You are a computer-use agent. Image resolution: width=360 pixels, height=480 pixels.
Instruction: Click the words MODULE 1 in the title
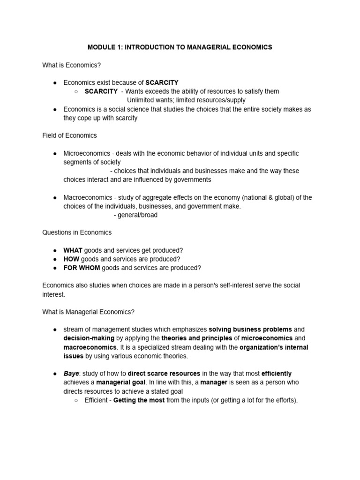click(x=104, y=47)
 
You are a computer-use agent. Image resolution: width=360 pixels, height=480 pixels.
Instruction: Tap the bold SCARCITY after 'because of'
click(x=162, y=82)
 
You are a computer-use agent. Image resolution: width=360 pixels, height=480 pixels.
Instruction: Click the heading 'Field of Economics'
click(x=69, y=135)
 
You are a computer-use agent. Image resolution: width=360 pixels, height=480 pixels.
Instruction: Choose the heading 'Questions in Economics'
click(x=77, y=232)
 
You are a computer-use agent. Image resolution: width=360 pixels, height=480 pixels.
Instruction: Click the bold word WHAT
click(x=73, y=250)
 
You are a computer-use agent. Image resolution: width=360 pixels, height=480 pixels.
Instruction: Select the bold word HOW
click(x=71, y=259)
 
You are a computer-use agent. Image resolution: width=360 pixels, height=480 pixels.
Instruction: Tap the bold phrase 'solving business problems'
click(x=250, y=330)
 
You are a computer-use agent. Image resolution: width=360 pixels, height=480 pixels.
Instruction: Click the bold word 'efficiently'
click(x=276, y=374)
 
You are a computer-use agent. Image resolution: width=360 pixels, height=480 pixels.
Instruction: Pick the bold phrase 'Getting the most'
click(x=139, y=400)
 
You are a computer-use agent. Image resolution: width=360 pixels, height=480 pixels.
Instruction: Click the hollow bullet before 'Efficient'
click(x=77, y=400)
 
